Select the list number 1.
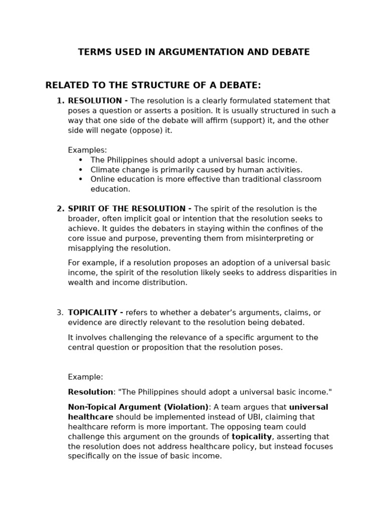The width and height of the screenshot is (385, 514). pyautogui.click(x=60, y=101)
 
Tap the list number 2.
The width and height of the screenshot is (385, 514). pyautogui.click(x=60, y=209)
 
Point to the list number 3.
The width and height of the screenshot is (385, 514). pyautogui.click(x=60, y=313)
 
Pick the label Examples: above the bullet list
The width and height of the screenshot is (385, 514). pyautogui.click(x=87, y=150)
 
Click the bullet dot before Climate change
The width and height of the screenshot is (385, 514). pyautogui.click(x=81, y=170)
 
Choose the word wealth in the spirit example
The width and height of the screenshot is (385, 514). pyautogui.click(x=81, y=283)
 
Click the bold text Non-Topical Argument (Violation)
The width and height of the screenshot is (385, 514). pyautogui.click(x=138, y=407)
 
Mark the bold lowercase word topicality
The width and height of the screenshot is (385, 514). pyautogui.click(x=251, y=437)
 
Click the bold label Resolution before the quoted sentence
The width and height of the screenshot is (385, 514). pyautogui.click(x=90, y=392)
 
